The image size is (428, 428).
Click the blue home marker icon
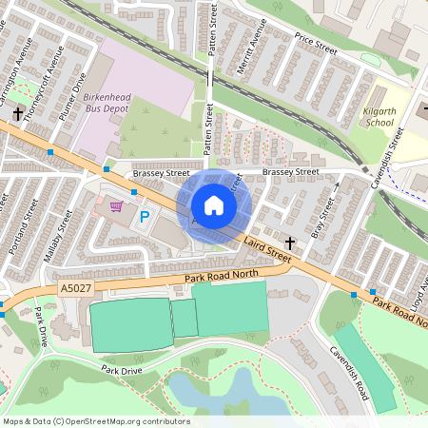214,205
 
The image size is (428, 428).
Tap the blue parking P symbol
145,217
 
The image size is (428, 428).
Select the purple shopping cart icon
117,205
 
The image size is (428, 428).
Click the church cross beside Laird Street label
290,244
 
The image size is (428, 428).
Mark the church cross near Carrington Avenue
17,113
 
